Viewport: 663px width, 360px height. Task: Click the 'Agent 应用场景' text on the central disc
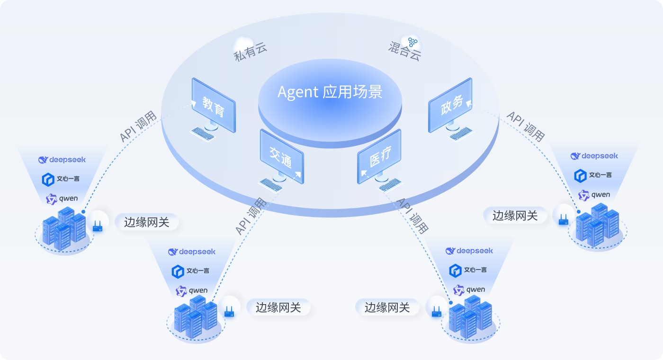(330, 91)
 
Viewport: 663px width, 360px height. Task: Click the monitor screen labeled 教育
(213, 105)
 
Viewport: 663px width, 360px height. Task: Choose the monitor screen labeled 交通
(281, 156)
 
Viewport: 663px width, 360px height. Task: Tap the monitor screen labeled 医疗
(379, 156)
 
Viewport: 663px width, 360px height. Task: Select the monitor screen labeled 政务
(450, 105)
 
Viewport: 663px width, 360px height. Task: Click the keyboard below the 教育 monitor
(202, 135)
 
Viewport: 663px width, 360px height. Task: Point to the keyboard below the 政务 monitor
(462, 135)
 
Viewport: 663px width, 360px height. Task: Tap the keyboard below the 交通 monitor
(271, 185)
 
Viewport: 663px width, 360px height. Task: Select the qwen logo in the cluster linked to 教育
(63, 199)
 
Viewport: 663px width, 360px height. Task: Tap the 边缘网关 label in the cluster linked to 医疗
(387, 307)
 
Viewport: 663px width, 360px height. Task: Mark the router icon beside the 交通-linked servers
(229, 312)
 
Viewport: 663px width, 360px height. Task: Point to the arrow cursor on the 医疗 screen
(363, 174)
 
